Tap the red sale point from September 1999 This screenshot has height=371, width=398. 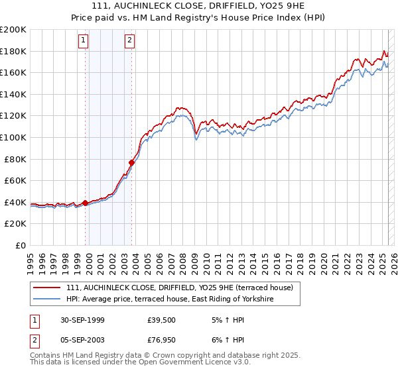[86, 203]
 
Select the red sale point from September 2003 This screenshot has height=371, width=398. [132, 162]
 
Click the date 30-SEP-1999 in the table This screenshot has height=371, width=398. [84, 319]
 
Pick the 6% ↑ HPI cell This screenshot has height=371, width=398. [224, 341]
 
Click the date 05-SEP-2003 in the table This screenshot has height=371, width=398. [84, 341]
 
